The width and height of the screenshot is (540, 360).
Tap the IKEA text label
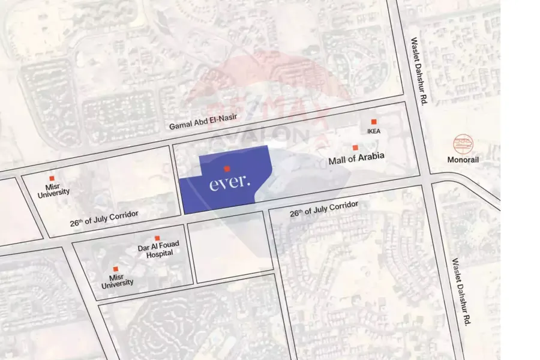[x=374, y=131]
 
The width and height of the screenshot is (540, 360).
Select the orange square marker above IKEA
[x=374, y=122]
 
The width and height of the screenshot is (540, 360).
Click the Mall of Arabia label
[x=356, y=160]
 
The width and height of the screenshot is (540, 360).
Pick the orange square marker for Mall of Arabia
[x=355, y=148]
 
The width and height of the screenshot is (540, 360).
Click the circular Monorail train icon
[x=463, y=144]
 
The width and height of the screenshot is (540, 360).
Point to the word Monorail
[x=463, y=160]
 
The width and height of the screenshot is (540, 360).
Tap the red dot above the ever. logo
[x=227, y=169]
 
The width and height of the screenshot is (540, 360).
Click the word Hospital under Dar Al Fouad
[x=159, y=253]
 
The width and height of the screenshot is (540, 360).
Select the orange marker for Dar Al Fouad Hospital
[x=157, y=238]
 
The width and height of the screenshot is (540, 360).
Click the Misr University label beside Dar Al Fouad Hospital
[x=117, y=280]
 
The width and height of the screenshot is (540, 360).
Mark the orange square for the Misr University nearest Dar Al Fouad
[x=116, y=269]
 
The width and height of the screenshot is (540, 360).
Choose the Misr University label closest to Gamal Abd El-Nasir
[x=53, y=190]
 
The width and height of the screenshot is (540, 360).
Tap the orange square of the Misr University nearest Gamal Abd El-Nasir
[x=52, y=179]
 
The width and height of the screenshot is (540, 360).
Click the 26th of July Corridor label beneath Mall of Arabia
[x=324, y=209]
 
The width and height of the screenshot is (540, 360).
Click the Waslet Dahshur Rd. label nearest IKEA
[x=416, y=72]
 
